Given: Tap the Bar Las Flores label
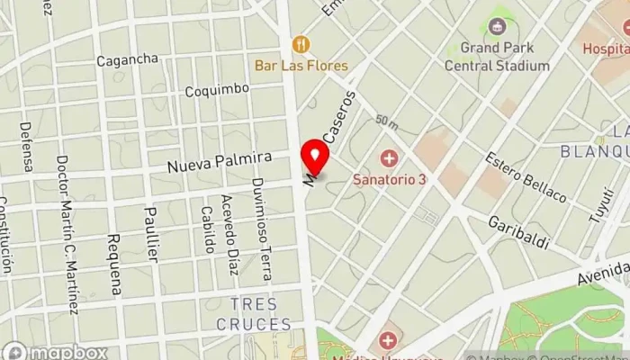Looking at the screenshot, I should [x=301, y=66].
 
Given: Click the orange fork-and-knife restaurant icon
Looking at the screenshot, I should [x=300, y=43].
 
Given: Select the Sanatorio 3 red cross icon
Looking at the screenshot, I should [x=389, y=159].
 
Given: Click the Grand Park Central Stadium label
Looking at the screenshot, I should [x=498, y=56].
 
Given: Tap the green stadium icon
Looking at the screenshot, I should [x=498, y=25].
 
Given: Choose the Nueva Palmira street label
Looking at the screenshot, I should [x=220, y=162].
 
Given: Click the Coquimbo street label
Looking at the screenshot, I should [x=216, y=90].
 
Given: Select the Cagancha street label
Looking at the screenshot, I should [x=128, y=60].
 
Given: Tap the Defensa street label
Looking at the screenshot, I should [x=26, y=147].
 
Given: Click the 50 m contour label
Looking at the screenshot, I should [x=387, y=120].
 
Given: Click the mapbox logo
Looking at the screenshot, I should [x=55, y=352].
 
